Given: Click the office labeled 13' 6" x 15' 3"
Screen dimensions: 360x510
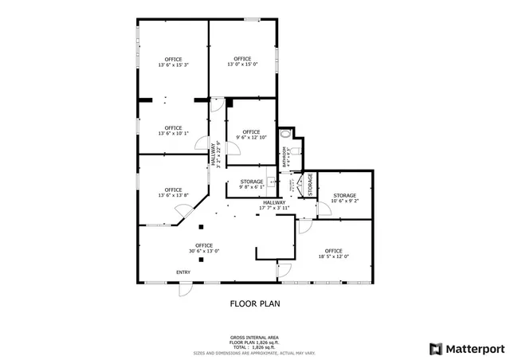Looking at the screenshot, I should (x=173, y=62).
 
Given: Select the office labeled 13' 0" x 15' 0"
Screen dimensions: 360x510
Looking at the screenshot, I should (x=242, y=61).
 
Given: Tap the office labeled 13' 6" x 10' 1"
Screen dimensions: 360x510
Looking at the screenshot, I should (x=173, y=131).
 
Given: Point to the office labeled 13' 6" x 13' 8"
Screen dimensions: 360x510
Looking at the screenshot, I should (x=173, y=192).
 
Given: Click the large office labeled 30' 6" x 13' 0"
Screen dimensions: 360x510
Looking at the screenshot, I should (x=204, y=248).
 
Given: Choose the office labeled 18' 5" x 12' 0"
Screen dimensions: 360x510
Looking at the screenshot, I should (x=333, y=253).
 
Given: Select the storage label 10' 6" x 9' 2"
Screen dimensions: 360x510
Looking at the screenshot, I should (x=344, y=198).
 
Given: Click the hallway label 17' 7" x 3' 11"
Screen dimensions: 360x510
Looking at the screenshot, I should (x=273, y=205).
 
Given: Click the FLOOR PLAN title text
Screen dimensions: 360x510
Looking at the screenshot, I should (x=255, y=303).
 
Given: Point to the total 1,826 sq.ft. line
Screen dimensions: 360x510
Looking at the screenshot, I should (x=255, y=346).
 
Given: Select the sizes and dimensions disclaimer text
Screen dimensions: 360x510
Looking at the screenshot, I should (x=255, y=351).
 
